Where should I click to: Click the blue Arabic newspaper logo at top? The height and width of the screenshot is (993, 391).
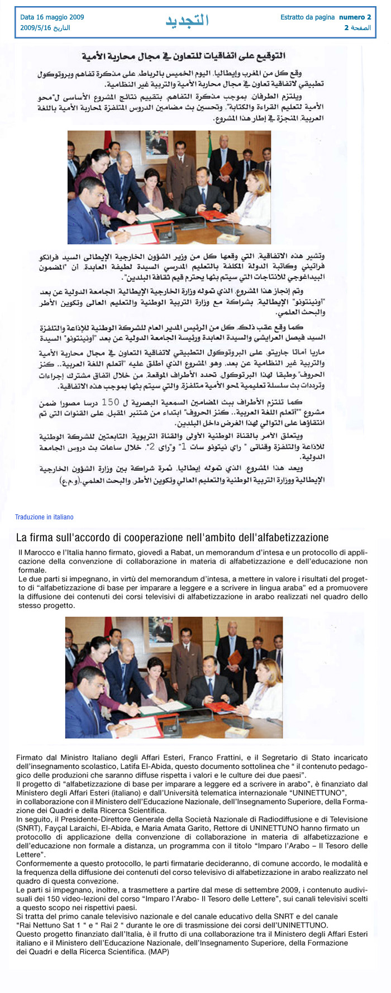tap(187, 21)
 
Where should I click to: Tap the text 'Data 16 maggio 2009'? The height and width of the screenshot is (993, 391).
tap(52, 17)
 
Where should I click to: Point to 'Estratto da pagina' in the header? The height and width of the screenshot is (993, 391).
tap(307, 17)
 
